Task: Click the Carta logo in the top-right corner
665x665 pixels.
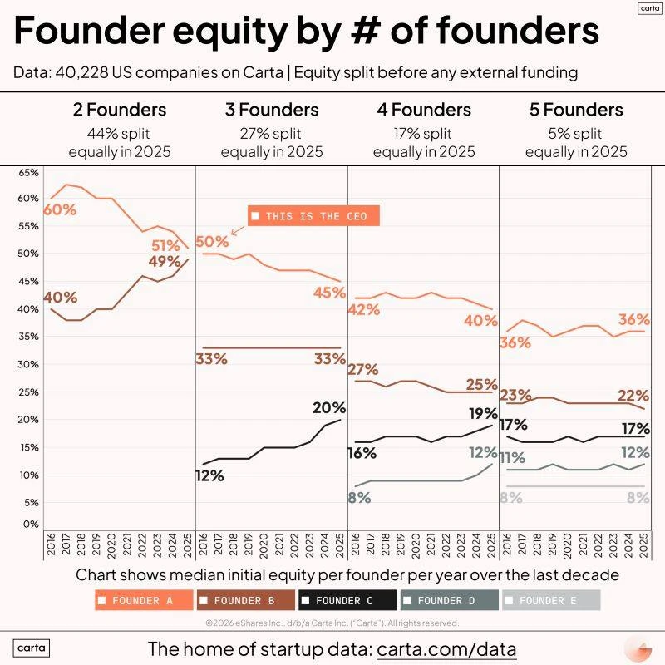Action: (x=649, y=7)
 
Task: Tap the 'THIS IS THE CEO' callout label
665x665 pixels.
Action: (x=314, y=216)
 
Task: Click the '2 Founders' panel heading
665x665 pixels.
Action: (x=119, y=110)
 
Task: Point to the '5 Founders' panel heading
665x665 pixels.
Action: (x=575, y=110)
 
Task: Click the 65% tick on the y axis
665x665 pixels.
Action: (x=29, y=172)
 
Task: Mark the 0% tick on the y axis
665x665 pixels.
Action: (x=31, y=525)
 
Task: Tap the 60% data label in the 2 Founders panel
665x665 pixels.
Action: (x=59, y=209)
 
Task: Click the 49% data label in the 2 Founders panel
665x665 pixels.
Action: (x=165, y=262)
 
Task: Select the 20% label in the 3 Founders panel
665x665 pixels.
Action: (x=329, y=407)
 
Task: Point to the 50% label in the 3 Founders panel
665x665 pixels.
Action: (x=211, y=242)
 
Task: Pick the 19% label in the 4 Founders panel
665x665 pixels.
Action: (x=481, y=413)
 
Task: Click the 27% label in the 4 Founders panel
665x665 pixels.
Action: (x=363, y=369)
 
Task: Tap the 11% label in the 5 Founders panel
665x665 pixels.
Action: (x=511, y=458)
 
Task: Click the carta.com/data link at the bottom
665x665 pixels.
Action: (x=447, y=648)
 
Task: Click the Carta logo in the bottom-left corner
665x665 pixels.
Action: (x=32, y=648)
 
